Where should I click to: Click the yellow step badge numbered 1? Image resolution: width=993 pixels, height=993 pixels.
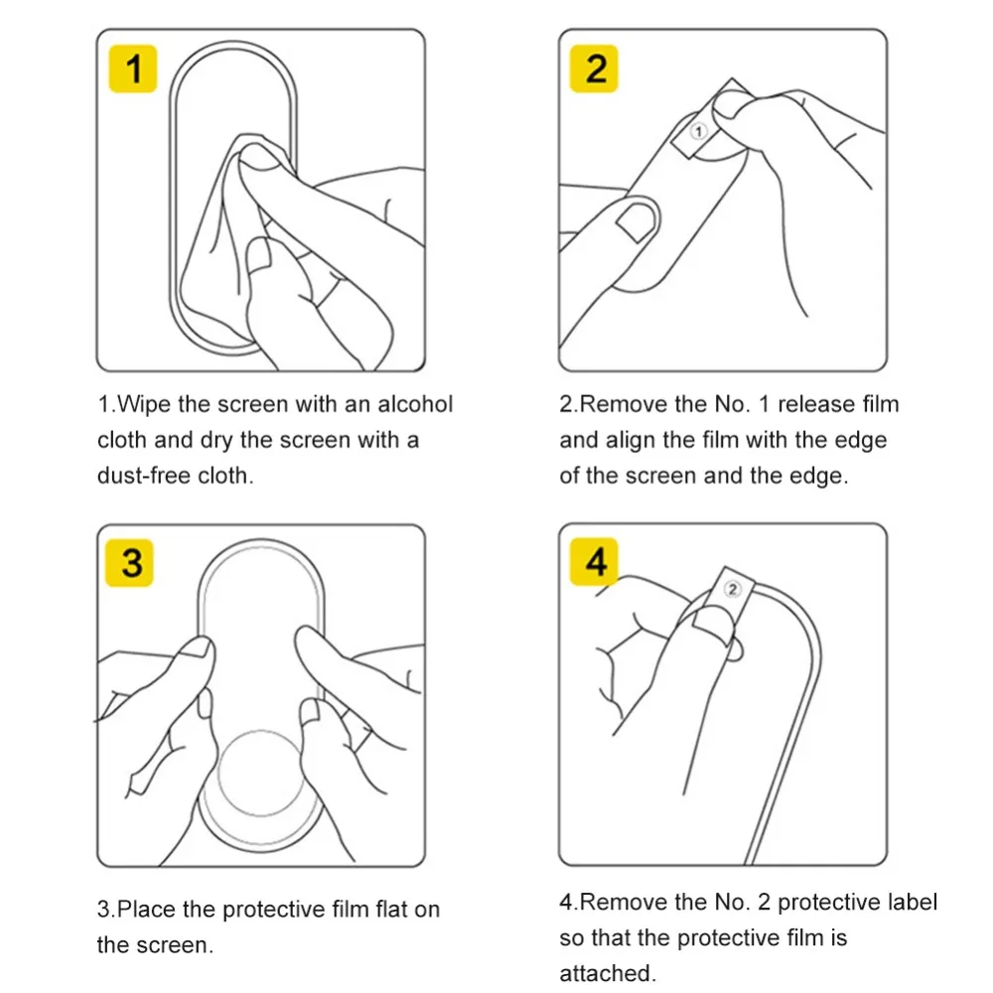pos(133,69)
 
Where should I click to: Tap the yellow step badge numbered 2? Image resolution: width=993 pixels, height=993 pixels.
pos(594,69)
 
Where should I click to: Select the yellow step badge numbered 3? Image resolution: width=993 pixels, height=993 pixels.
pos(129,563)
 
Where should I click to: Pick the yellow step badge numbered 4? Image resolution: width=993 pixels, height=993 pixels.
pos(594,562)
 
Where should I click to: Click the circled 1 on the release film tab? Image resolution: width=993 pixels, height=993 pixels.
pos(698,131)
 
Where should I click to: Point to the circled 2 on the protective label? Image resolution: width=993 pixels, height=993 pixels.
pos(732,590)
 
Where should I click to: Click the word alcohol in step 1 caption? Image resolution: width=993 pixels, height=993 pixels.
pos(415,404)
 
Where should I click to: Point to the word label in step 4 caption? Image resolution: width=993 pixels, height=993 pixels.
pos(909,902)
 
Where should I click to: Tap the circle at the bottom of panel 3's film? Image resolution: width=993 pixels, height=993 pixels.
pos(260,772)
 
